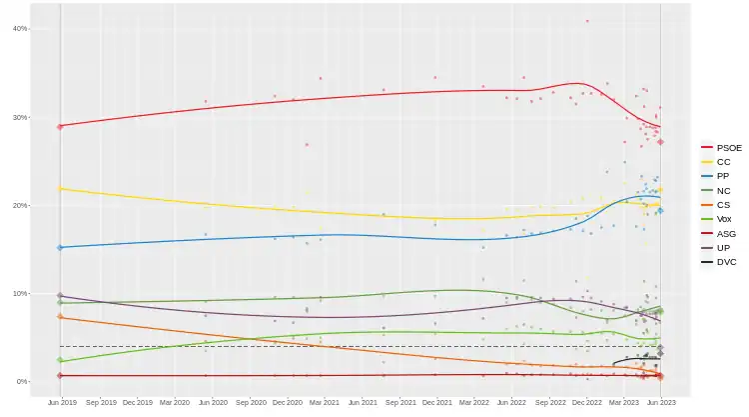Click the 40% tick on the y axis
[19, 28]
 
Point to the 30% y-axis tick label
[19, 117]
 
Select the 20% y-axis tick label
[19, 205]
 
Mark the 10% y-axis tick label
[19, 293]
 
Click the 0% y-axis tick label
[21, 381]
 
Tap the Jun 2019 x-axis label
[61, 402]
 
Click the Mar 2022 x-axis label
[473, 402]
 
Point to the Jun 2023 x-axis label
[661, 402]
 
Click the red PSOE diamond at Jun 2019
[60, 126]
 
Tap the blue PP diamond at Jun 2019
[60, 247]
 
